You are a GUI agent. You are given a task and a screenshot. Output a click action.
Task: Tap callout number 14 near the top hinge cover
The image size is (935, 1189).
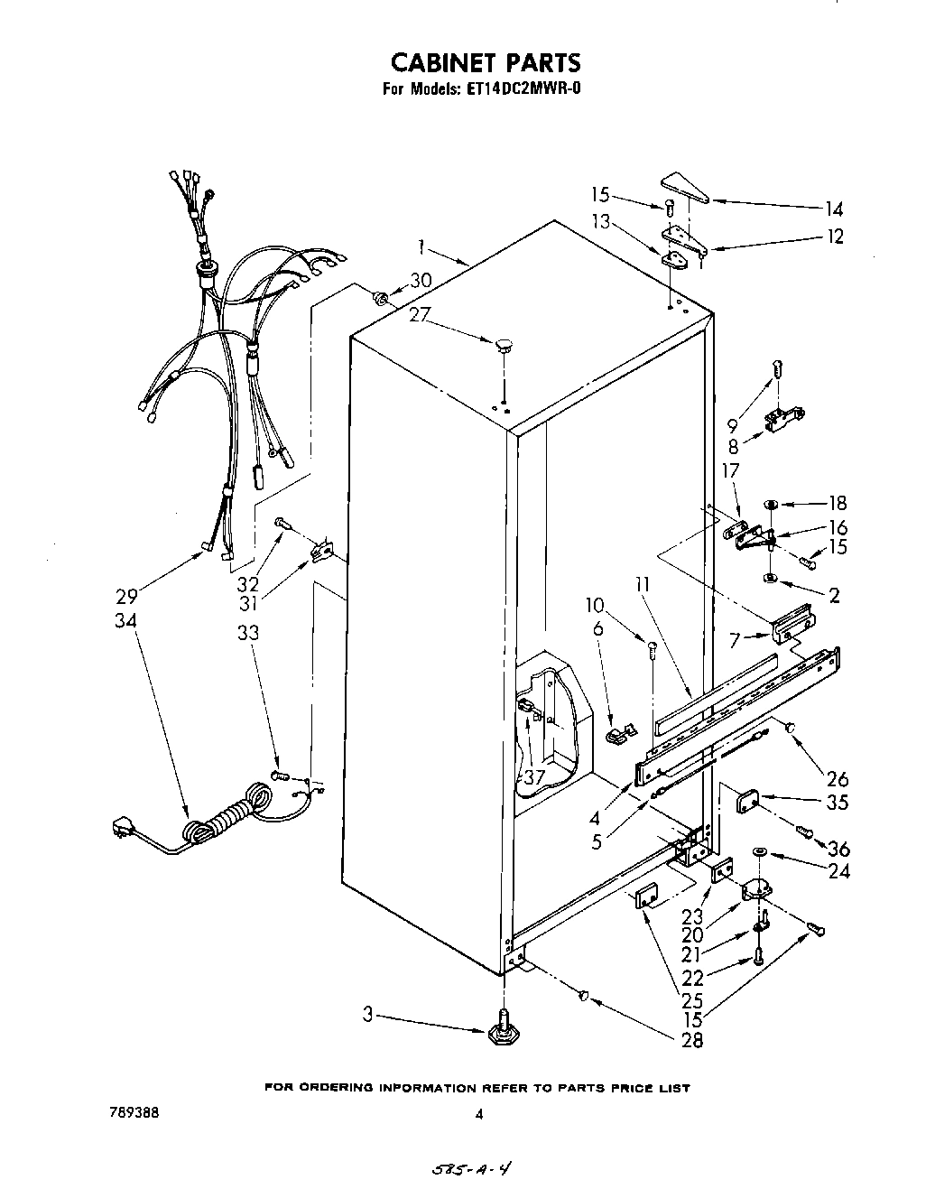(834, 209)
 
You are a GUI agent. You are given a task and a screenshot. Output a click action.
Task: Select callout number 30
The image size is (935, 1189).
(421, 281)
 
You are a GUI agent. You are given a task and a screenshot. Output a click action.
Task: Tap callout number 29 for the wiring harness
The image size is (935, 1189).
(126, 596)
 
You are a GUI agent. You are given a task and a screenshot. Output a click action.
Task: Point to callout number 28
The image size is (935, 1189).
(692, 1039)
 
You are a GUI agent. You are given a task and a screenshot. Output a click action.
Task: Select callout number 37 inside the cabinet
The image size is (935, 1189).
(534, 777)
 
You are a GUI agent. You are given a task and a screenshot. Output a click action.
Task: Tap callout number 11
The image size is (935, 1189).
(642, 584)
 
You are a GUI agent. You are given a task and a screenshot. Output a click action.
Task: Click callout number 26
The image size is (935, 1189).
(837, 778)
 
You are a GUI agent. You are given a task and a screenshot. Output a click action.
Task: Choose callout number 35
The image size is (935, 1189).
(837, 802)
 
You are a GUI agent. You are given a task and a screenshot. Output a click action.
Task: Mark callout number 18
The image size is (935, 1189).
(837, 503)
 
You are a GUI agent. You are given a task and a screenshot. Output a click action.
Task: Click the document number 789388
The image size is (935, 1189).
(134, 1113)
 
